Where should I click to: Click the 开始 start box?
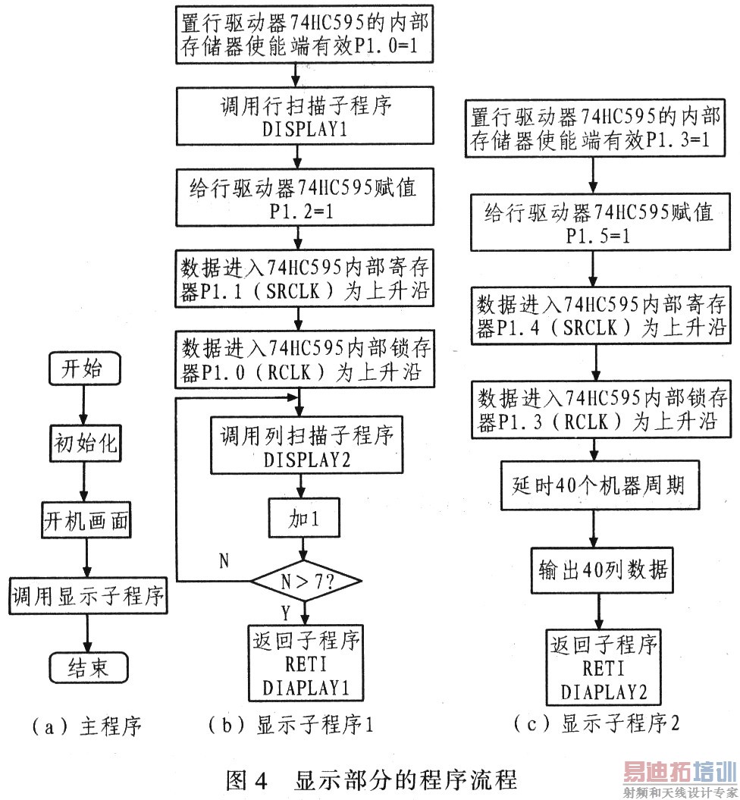click(85, 368)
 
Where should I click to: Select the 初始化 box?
click(85, 444)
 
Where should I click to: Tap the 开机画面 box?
click(86, 520)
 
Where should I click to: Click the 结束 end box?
click(89, 667)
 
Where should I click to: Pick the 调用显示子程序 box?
click(88, 595)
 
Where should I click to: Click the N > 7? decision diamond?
click(306, 581)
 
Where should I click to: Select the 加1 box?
click(304, 518)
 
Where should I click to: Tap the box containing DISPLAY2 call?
click(306, 445)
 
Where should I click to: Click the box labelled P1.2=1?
click(305, 197)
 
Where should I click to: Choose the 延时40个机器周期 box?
click(600, 485)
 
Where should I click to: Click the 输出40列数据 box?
click(602, 570)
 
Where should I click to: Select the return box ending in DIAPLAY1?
click(306, 664)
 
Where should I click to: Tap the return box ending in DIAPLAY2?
click(604, 667)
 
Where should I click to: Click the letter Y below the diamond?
click(286, 613)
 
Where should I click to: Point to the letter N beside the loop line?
click(224, 561)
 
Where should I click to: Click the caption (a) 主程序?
click(86, 726)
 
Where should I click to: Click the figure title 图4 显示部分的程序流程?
click(372, 780)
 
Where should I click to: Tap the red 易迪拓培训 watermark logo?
click(680, 772)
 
